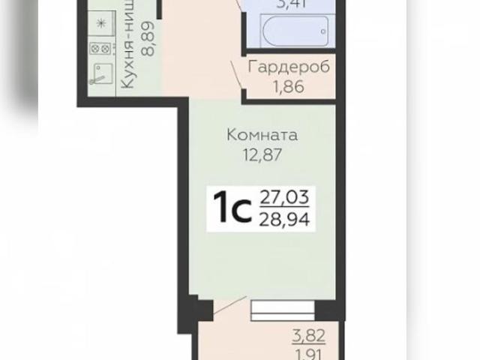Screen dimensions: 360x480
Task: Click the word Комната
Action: tap(262, 136)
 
